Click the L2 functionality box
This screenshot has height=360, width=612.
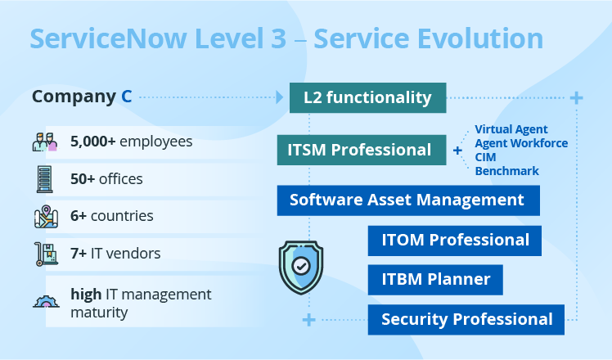367,97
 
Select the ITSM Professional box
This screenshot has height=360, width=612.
362,150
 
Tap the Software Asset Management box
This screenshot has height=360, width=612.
408,200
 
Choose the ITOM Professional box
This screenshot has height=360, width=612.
455,241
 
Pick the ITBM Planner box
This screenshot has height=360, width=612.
435,280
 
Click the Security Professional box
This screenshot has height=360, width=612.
466,319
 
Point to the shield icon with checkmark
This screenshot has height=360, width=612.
301,268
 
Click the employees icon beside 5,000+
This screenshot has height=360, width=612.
45,142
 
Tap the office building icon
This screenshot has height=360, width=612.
44,179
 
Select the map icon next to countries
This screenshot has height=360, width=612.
46,217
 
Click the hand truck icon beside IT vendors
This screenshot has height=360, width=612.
46,254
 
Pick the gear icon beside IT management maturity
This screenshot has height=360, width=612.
46,301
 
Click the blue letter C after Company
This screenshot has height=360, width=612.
127,97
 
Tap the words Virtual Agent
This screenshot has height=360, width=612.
511,129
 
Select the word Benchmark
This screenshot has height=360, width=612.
506,171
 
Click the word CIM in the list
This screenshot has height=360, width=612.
485,157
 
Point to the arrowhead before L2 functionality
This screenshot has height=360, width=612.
280,97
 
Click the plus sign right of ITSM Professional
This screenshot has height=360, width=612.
457,151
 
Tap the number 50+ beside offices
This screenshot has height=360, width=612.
83,179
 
